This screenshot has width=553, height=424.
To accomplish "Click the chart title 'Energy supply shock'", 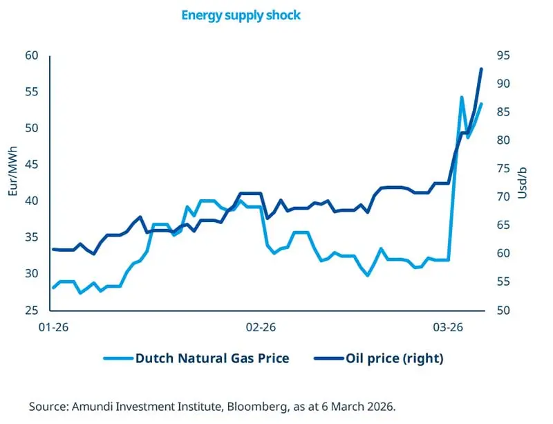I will (x=241, y=15).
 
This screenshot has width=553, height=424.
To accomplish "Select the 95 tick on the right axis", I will (x=503, y=56).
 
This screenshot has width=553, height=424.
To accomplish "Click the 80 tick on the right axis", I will (x=503, y=140).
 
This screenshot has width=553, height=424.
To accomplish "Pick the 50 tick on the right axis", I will (x=503, y=311).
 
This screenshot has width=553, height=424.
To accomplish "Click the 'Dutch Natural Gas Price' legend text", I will (x=212, y=358).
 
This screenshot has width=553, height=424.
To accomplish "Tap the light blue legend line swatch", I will (x=117, y=358).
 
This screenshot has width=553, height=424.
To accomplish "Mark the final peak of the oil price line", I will (x=481, y=69).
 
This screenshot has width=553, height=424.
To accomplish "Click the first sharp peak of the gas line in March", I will (x=462, y=98).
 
